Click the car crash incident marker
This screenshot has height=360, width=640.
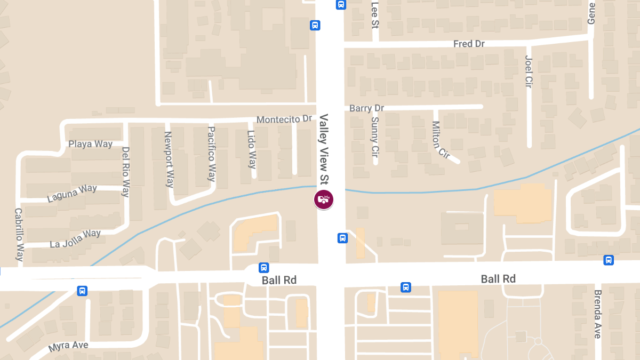tap(323, 199)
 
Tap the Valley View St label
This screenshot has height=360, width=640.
tap(324, 149)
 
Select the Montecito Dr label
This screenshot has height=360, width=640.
tap(284, 119)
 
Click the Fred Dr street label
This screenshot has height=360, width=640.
tap(468, 44)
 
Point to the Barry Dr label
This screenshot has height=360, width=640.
tap(366, 108)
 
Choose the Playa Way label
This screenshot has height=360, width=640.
tap(90, 144)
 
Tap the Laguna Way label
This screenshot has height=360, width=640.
tap(72, 193)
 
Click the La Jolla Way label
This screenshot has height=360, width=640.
tap(75, 238)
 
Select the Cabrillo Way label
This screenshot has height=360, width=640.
tap(20, 234)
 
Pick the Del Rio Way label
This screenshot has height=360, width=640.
tap(126, 172)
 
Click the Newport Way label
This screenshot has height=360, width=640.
tap(169, 159)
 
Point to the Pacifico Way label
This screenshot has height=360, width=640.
tap(212, 154)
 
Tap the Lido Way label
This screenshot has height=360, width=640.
tap(252, 149)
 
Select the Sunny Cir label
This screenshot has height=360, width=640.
tap(375, 137)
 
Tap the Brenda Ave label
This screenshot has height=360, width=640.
tap(597, 314)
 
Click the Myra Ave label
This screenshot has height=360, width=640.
tap(68, 346)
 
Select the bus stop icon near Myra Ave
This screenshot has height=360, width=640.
tap(82, 291)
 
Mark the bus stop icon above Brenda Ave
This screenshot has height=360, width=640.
tap(609, 260)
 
